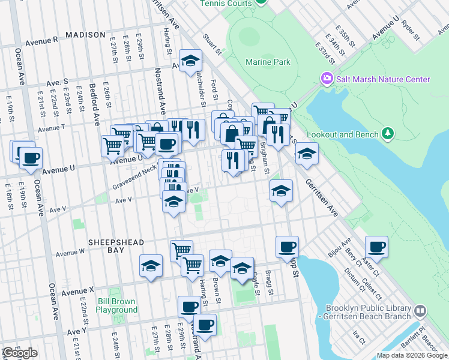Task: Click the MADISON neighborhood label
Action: coord(85,35)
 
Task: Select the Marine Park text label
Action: coord(268,62)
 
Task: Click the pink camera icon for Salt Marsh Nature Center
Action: coord(327,79)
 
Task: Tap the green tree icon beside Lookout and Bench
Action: coord(388,133)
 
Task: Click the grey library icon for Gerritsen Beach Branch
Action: coord(420,310)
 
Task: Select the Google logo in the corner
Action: coord(20,353)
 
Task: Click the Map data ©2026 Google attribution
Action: coord(412,355)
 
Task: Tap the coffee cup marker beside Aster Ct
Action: coord(376,246)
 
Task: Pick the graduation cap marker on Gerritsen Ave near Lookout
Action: coord(307,153)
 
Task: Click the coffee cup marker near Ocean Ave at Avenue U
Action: coord(31,158)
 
